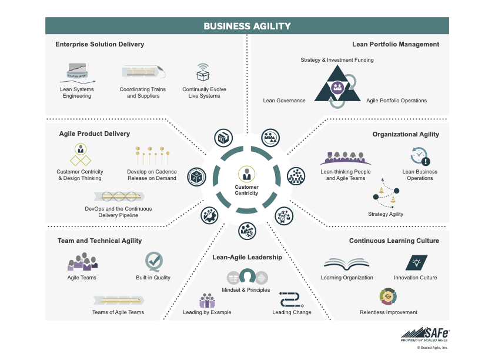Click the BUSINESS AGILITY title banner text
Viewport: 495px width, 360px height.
[x=247, y=26]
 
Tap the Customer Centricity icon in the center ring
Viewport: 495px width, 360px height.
[x=247, y=175]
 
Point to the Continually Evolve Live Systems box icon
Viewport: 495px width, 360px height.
[x=203, y=73]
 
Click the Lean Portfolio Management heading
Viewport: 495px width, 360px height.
[x=396, y=44]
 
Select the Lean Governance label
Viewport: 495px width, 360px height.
[x=284, y=101]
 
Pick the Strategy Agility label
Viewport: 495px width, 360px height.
[x=386, y=214]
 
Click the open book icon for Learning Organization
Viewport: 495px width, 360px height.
[x=346, y=264]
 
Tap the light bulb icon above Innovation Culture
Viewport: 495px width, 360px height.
[x=416, y=262]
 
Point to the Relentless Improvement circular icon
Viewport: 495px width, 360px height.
[x=388, y=296]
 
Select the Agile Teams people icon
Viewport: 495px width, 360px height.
[x=82, y=262]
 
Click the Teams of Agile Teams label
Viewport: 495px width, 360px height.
[x=118, y=312]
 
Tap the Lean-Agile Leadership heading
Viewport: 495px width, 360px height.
[x=247, y=257]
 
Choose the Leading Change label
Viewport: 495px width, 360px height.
[x=292, y=312]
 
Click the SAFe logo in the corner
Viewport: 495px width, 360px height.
[x=425, y=333]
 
